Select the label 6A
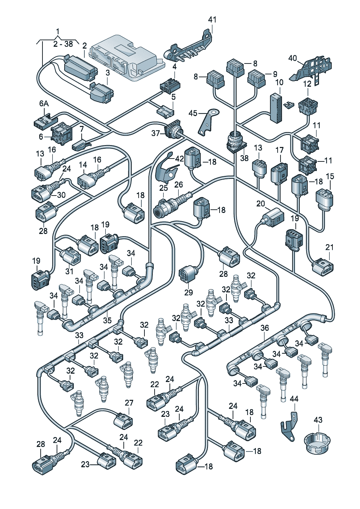pyautogui.click(x=44, y=104)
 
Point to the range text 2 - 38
pyautogui.click(x=63, y=44)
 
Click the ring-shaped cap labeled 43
pyautogui.click(x=317, y=442)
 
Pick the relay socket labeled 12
pyautogui.click(x=308, y=106)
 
